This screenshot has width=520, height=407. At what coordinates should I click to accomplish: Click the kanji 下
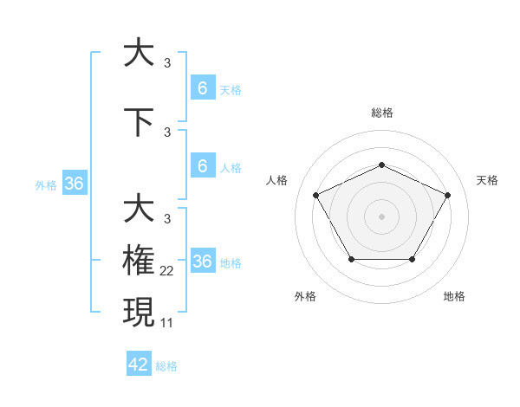140,122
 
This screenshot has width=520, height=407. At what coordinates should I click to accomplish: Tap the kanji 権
140,260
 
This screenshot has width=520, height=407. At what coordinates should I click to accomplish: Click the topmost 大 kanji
140,53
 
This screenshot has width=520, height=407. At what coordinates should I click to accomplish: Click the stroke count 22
167,271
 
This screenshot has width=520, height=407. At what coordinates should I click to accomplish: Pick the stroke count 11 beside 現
166,322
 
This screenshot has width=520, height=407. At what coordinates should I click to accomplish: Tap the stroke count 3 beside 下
167,132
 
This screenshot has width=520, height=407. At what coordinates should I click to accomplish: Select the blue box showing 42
139,365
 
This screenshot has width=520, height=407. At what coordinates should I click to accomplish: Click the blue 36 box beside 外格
75,184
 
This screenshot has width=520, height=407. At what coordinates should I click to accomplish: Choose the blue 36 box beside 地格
203,262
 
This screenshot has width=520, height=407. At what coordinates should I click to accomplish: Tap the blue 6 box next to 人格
203,166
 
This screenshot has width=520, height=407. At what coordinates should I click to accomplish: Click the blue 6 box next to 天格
203,88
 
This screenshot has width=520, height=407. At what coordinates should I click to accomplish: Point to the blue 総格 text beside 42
166,366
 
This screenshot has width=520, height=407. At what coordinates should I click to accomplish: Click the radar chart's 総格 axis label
381,113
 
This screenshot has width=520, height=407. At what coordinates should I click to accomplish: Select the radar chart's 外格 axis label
305,296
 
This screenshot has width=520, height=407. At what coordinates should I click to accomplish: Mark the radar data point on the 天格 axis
448,195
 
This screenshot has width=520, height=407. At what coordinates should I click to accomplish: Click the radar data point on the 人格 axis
315,195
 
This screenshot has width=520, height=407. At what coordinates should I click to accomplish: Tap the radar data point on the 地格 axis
412,259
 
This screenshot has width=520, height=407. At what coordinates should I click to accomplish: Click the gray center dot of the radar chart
381,216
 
